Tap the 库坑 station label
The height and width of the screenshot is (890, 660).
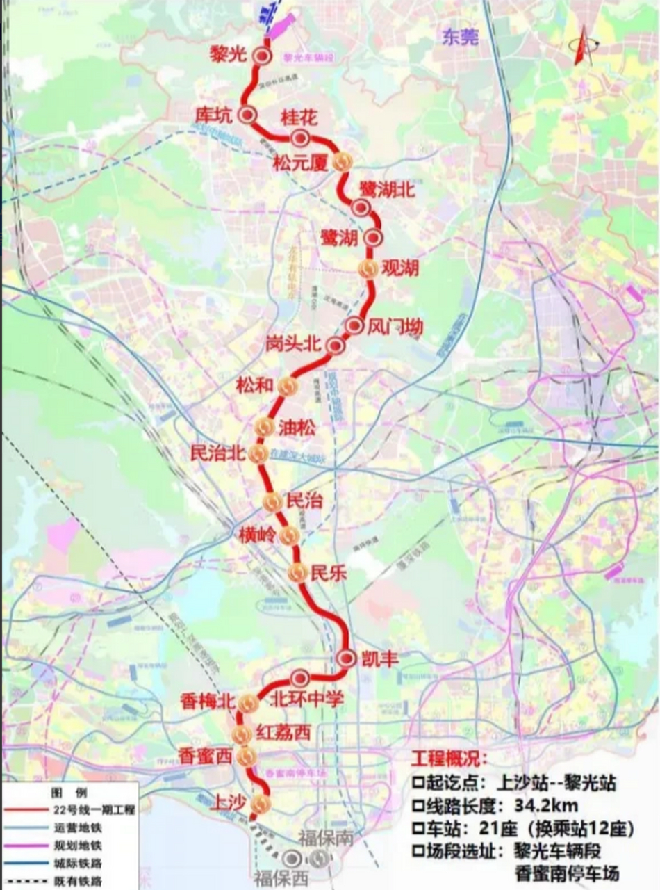tap(216, 114)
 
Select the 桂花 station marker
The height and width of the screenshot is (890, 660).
tap(300, 138)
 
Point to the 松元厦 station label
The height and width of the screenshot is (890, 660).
tap(299, 163)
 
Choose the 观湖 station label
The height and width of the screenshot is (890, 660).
tap(401, 269)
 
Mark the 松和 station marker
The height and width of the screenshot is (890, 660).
tap(287, 387)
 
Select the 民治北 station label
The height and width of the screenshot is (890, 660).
tap(218, 454)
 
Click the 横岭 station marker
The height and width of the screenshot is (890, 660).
tap(289, 535)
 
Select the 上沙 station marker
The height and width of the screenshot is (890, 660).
tap(261, 804)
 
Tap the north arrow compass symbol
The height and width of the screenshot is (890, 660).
tap(582, 45)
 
